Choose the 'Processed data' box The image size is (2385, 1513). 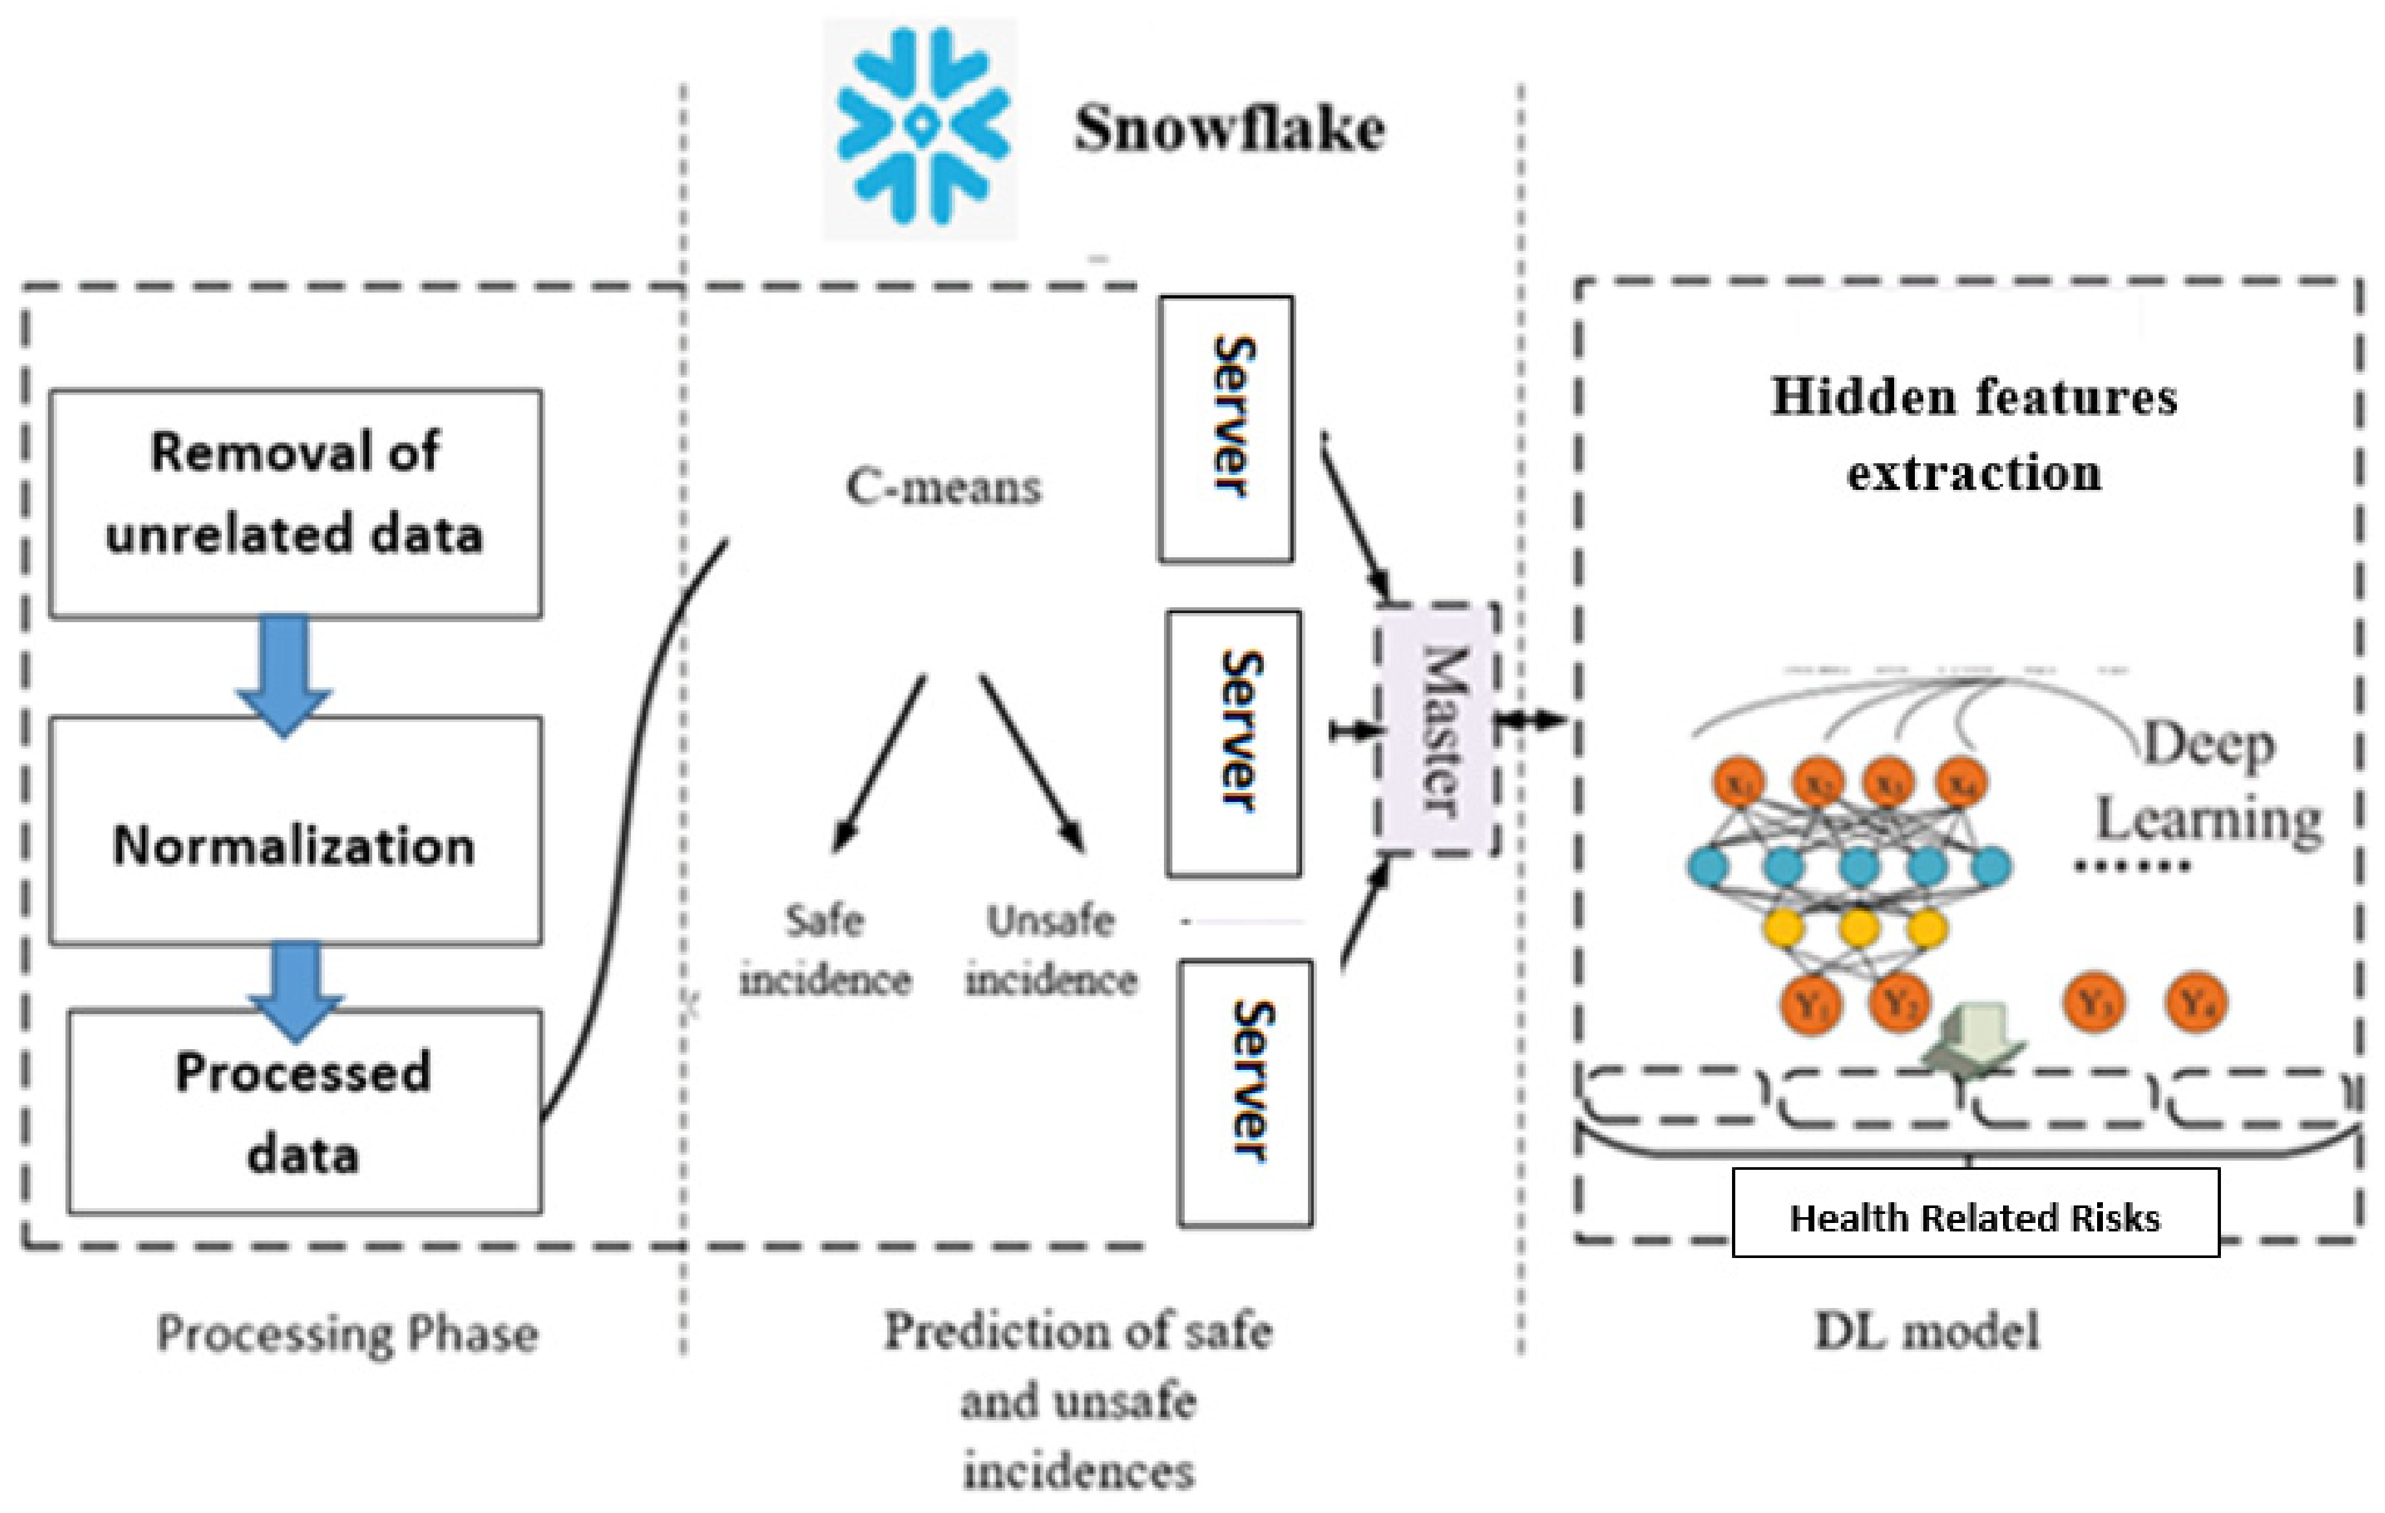pyautogui.click(x=304, y=1111)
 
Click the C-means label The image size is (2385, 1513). pyautogui.click(x=943, y=487)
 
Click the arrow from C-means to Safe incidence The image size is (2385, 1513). pyautogui.click(x=879, y=763)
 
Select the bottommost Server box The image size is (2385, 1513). pyautogui.click(x=1245, y=1092)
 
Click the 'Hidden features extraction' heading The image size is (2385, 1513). pyautogui.click(x=1973, y=434)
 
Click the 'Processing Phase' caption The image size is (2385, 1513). pyautogui.click(x=348, y=1334)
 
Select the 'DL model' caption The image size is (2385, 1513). pyautogui.click(x=1927, y=1331)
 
